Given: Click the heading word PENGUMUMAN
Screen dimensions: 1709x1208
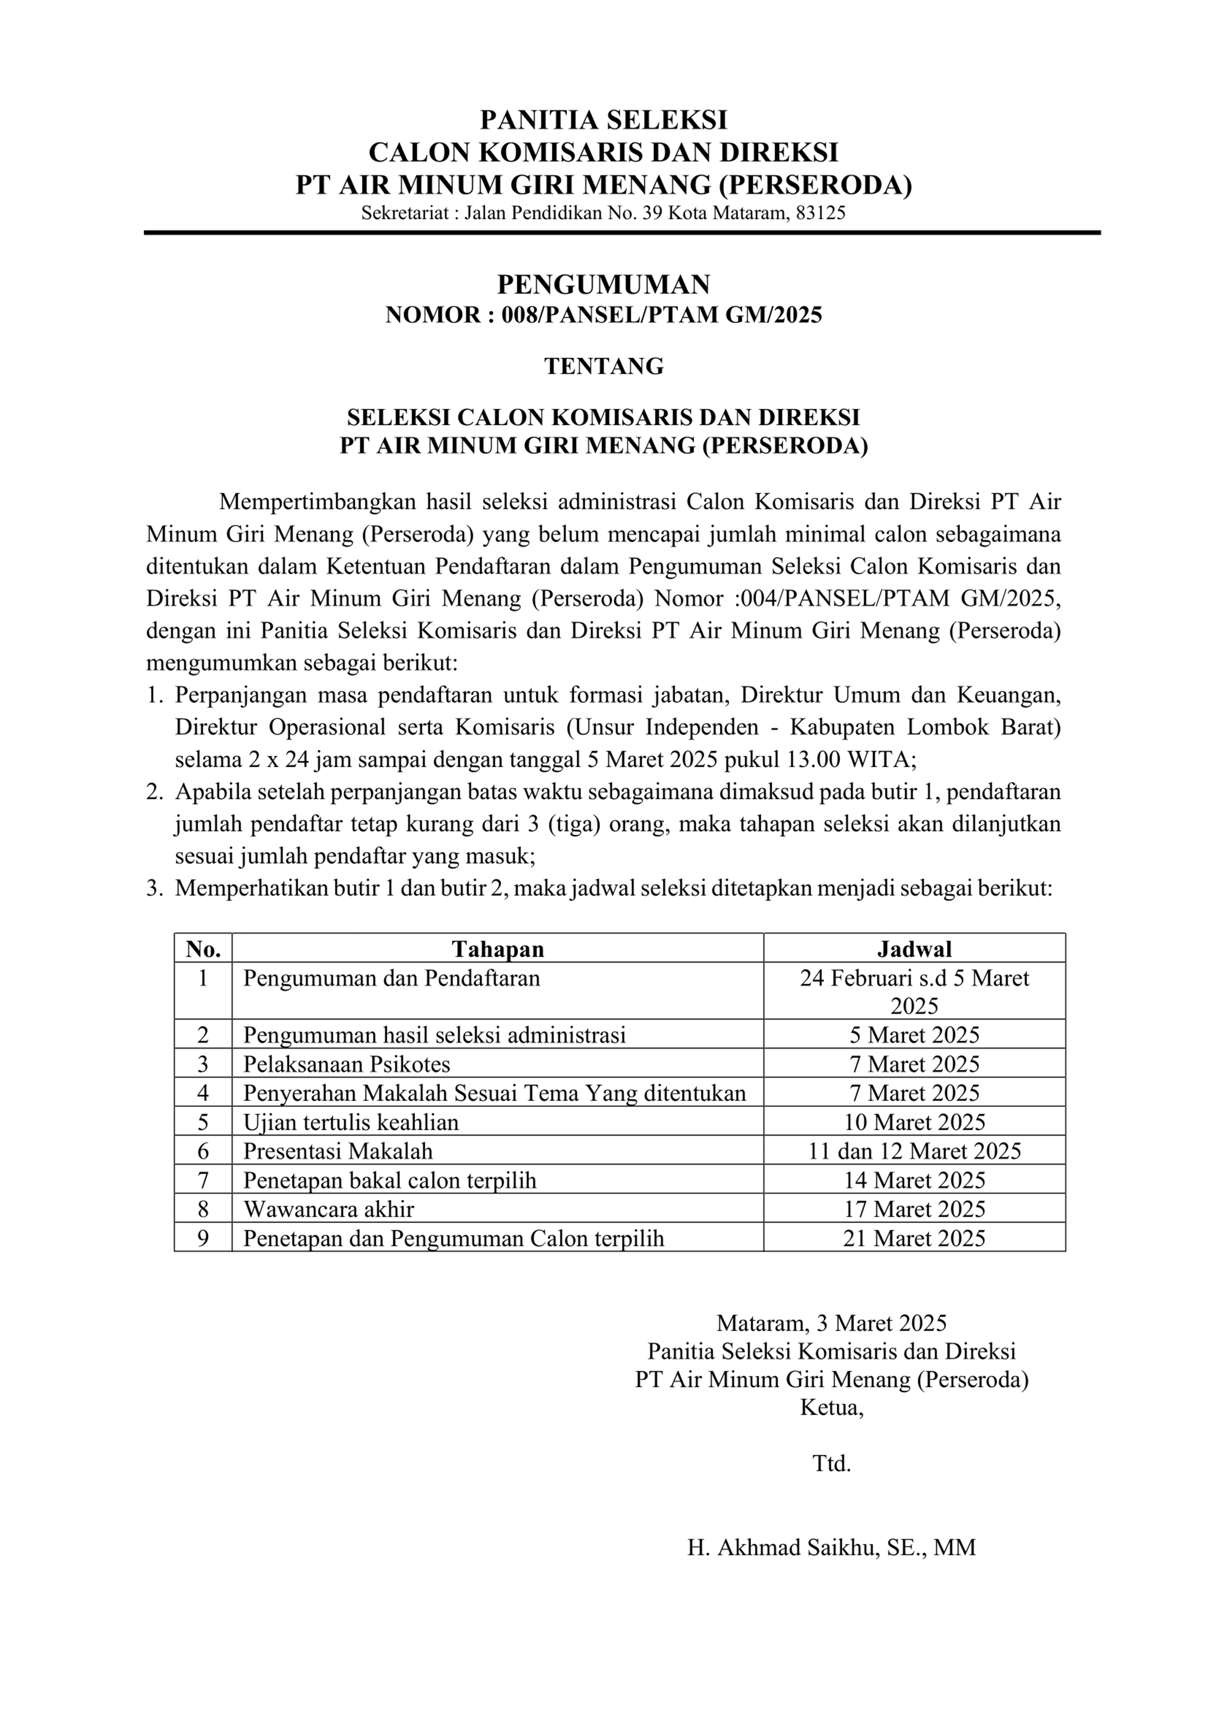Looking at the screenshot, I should [604, 285].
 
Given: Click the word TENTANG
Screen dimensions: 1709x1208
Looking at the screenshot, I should [604, 366].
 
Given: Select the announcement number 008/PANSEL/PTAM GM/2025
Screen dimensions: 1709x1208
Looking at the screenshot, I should [661, 316].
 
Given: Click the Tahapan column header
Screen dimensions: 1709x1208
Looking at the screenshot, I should [498, 949].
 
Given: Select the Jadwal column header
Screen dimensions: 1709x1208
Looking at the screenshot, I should [914, 949].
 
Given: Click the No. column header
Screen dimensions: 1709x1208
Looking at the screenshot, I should [203, 949].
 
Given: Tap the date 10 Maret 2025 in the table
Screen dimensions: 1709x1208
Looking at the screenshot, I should [914, 1122].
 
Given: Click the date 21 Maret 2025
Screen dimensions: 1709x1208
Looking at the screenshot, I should [914, 1238].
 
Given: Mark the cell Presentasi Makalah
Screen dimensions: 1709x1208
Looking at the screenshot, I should [338, 1152].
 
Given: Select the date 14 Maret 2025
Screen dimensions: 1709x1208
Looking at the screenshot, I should [914, 1180].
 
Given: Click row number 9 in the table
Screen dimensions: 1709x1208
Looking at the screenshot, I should [203, 1238].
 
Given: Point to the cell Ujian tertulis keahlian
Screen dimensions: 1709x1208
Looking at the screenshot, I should [351, 1122].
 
